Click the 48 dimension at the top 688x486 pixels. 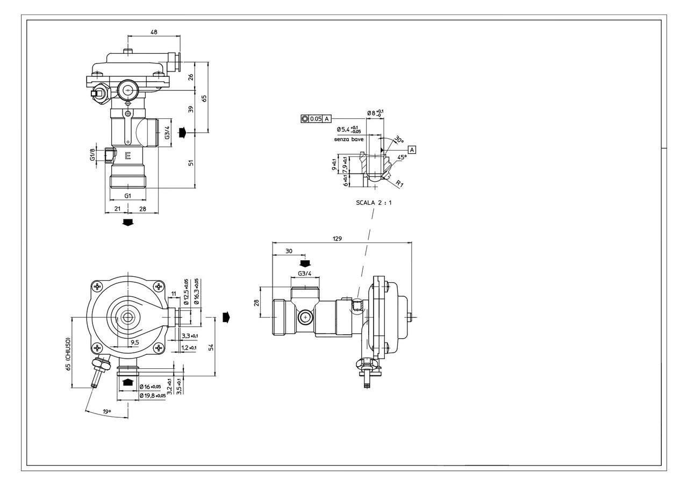pyautogui.click(x=154, y=32)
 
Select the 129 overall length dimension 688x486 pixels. pyautogui.click(x=337, y=238)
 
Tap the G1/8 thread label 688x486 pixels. pyautogui.click(x=92, y=155)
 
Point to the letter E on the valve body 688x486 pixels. pyautogui.click(x=128, y=156)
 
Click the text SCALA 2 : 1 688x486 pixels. pyautogui.click(x=374, y=203)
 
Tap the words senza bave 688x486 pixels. pyautogui.click(x=348, y=139)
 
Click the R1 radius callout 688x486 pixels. pyautogui.click(x=399, y=184)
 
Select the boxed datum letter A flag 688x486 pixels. pyautogui.click(x=412, y=149)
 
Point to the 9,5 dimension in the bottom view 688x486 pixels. pyautogui.click(x=134, y=342)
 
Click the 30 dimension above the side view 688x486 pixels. pyautogui.click(x=289, y=251)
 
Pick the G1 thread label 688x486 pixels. pyautogui.click(x=128, y=196)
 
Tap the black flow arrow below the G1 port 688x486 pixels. pyautogui.click(x=128, y=223)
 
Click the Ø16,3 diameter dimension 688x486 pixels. pyautogui.click(x=197, y=291)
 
